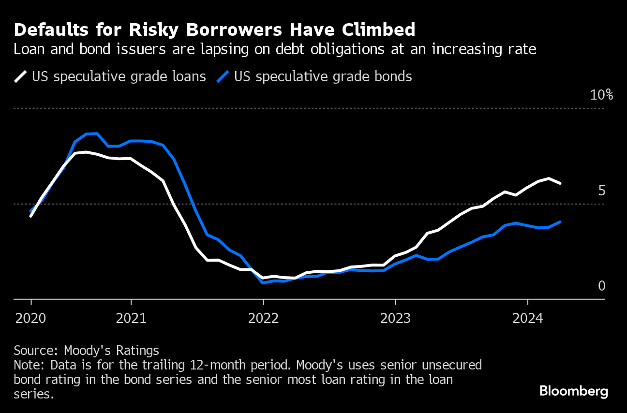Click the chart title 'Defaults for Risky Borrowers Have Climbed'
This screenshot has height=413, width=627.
[x=214, y=30]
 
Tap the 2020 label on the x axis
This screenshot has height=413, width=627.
[x=31, y=318]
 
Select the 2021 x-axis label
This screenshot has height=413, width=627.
[x=131, y=318]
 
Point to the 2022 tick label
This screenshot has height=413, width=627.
[x=263, y=318]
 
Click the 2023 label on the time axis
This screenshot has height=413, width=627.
[x=395, y=318]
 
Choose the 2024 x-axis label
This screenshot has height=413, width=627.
[x=527, y=318]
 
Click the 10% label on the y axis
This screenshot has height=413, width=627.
[x=601, y=95]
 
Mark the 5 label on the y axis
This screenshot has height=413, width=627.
[x=601, y=191]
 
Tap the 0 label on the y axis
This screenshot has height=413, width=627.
[x=601, y=286]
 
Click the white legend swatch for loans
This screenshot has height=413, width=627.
[x=21, y=77]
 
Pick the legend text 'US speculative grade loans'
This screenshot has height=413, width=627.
[x=119, y=77]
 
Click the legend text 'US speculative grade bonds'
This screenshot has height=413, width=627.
[x=323, y=77]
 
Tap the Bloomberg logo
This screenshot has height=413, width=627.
[x=574, y=391]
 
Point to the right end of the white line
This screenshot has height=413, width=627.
[x=560, y=183]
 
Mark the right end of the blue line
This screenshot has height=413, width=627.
[x=560, y=222]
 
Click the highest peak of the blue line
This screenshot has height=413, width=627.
[x=92, y=133]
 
